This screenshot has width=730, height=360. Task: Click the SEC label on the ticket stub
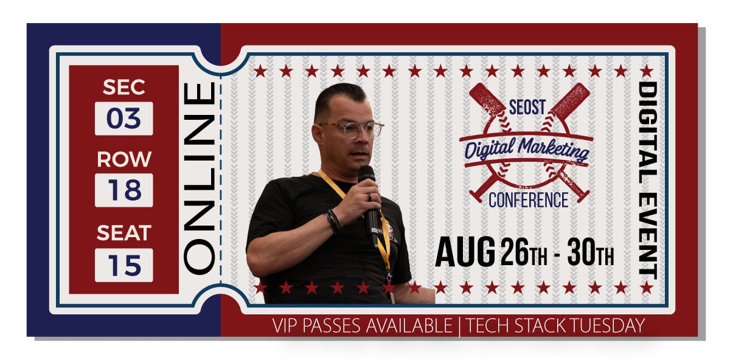pos(123,88)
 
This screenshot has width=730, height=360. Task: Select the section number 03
pos(123,118)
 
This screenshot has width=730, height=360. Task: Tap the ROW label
pos(123,159)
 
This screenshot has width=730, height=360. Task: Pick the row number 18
pos(123,190)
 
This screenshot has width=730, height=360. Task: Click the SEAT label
pos(123,232)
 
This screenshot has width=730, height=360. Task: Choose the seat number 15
pos(123,265)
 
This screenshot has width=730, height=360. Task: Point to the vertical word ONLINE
pos(200,177)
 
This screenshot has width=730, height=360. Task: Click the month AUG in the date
pos(465,251)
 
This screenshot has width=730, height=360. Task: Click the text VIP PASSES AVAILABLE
pos(363,326)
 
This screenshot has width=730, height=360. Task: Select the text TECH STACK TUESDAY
pos(555,326)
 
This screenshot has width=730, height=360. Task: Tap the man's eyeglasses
pos(351,129)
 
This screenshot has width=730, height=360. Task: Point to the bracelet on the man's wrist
pos(333,221)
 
